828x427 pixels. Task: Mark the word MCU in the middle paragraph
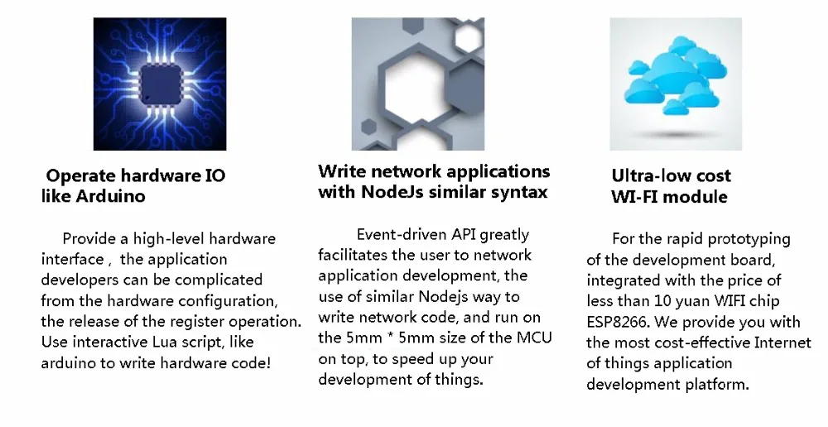[x=535, y=338]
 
